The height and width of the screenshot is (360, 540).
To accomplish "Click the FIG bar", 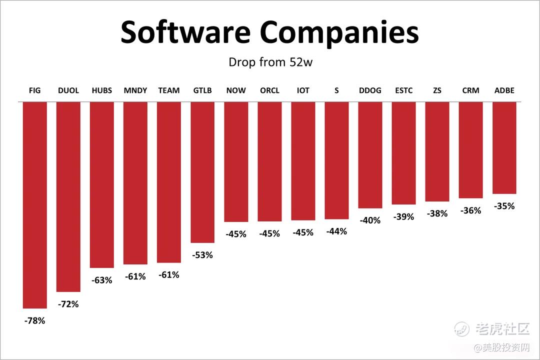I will (x=35, y=205).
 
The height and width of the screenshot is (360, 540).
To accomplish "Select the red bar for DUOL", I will (x=68, y=196).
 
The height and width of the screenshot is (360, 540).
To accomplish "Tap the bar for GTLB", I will (x=202, y=172).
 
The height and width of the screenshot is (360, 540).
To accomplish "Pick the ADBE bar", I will (x=504, y=148).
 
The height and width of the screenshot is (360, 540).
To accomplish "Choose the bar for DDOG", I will (x=370, y=155).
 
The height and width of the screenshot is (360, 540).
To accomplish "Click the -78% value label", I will (x=34, y=321).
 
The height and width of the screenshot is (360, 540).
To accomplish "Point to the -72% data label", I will (x=68, y=304).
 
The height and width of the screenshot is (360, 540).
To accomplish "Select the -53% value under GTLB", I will (x=202, y=255).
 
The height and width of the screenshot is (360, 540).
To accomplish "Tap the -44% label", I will (x=336, y=231).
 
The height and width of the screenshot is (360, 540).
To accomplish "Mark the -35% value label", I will (x=504, y=206).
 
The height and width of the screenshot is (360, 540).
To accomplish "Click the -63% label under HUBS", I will (x=102, y=280).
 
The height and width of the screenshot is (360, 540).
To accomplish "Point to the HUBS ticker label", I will (x=102, y=90).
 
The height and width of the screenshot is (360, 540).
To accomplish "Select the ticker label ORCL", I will (x=269, y=90).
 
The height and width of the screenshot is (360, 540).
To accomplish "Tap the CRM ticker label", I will (x=470, y=90).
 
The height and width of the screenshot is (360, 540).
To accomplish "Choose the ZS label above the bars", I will (x=437, y=90).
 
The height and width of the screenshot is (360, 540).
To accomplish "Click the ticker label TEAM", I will (x=169, y=90).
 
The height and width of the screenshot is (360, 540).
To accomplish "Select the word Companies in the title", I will (x=339, y=33).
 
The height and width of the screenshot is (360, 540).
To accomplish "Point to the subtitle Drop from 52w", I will (x=270, y=62).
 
